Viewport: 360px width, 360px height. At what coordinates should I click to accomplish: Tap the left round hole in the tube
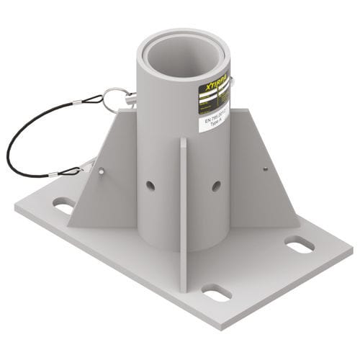pyautogui.click(x=150, y=186)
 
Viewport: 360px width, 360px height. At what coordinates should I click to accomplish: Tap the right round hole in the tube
pyautogui.click(x=216, y=186)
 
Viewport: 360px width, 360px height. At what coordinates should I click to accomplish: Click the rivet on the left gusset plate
pyautogui.click(x=101, y=171)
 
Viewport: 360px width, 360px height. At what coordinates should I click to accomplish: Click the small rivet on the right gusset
pyautogui.click(x=265, y=168)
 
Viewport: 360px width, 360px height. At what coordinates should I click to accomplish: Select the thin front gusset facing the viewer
pyautogui.click(x=183, y=216)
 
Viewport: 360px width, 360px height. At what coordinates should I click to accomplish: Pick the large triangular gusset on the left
pyautogui.click(x=108, y=187)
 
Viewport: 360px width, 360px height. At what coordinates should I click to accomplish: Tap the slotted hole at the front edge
pyautogui.click(x=216, y=292)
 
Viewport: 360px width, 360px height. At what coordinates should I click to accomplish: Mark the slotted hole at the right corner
pyautogui.click(x=300, y=245)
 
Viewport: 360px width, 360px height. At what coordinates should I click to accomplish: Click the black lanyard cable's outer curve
pyautogui.click(x=11, y=144)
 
